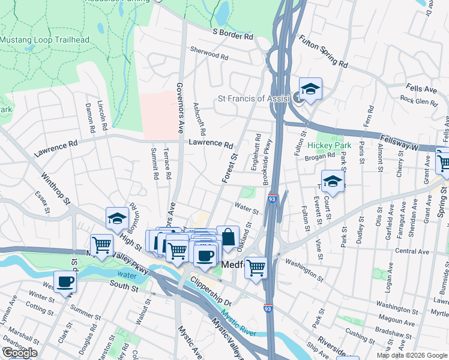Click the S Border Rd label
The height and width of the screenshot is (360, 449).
pyautogui.click(x=232, y=36)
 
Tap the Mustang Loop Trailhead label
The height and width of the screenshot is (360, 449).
pyautogui.click(x=44, y=40)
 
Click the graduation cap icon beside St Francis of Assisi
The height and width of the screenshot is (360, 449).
pyautogui.click(x=310, y=89)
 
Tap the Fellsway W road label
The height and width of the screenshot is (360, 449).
pyautogui.click(x=415, y=146)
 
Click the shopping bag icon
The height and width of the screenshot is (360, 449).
pyautogui.click(x=228, y=238)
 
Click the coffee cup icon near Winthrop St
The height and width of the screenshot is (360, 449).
pyautogui.click(x=65, y=281)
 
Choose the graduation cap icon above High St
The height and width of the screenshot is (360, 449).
pyautogui.click(x=117, y=219)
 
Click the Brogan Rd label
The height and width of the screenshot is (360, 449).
pyautogui.click(x=319, y=156)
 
